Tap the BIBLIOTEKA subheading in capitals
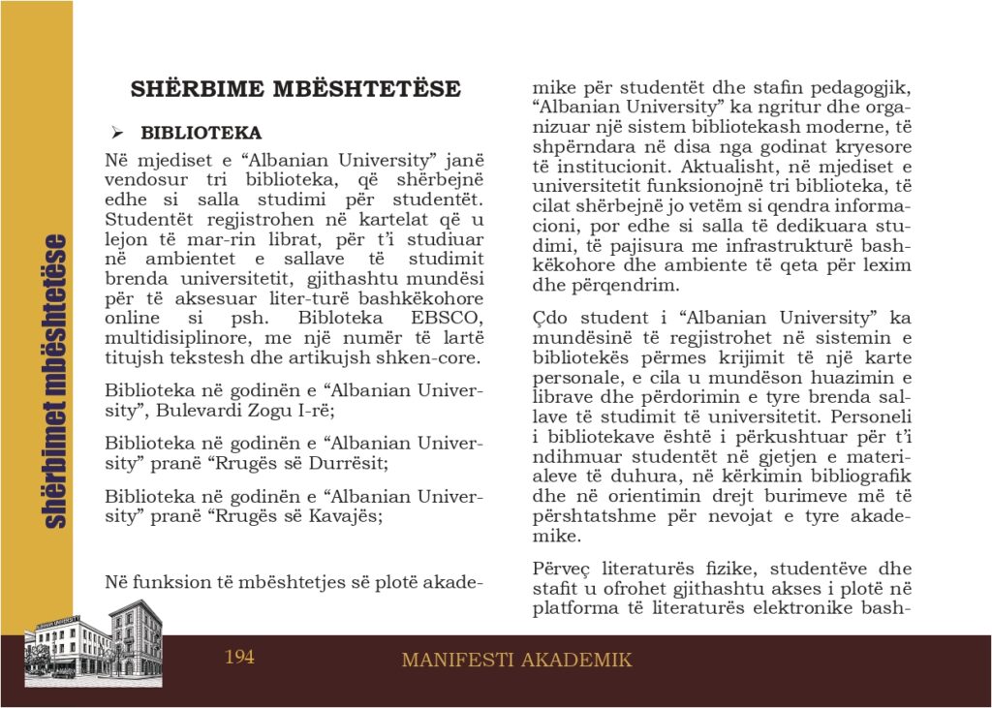[x=201, y=133]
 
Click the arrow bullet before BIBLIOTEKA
[x=116, y=133]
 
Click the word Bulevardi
[x=208, y=409]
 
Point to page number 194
[x=239, y=658]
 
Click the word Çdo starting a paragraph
[x=552, y=318]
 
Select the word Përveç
[x=561, y=569]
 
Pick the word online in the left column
[x=131, y=318]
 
